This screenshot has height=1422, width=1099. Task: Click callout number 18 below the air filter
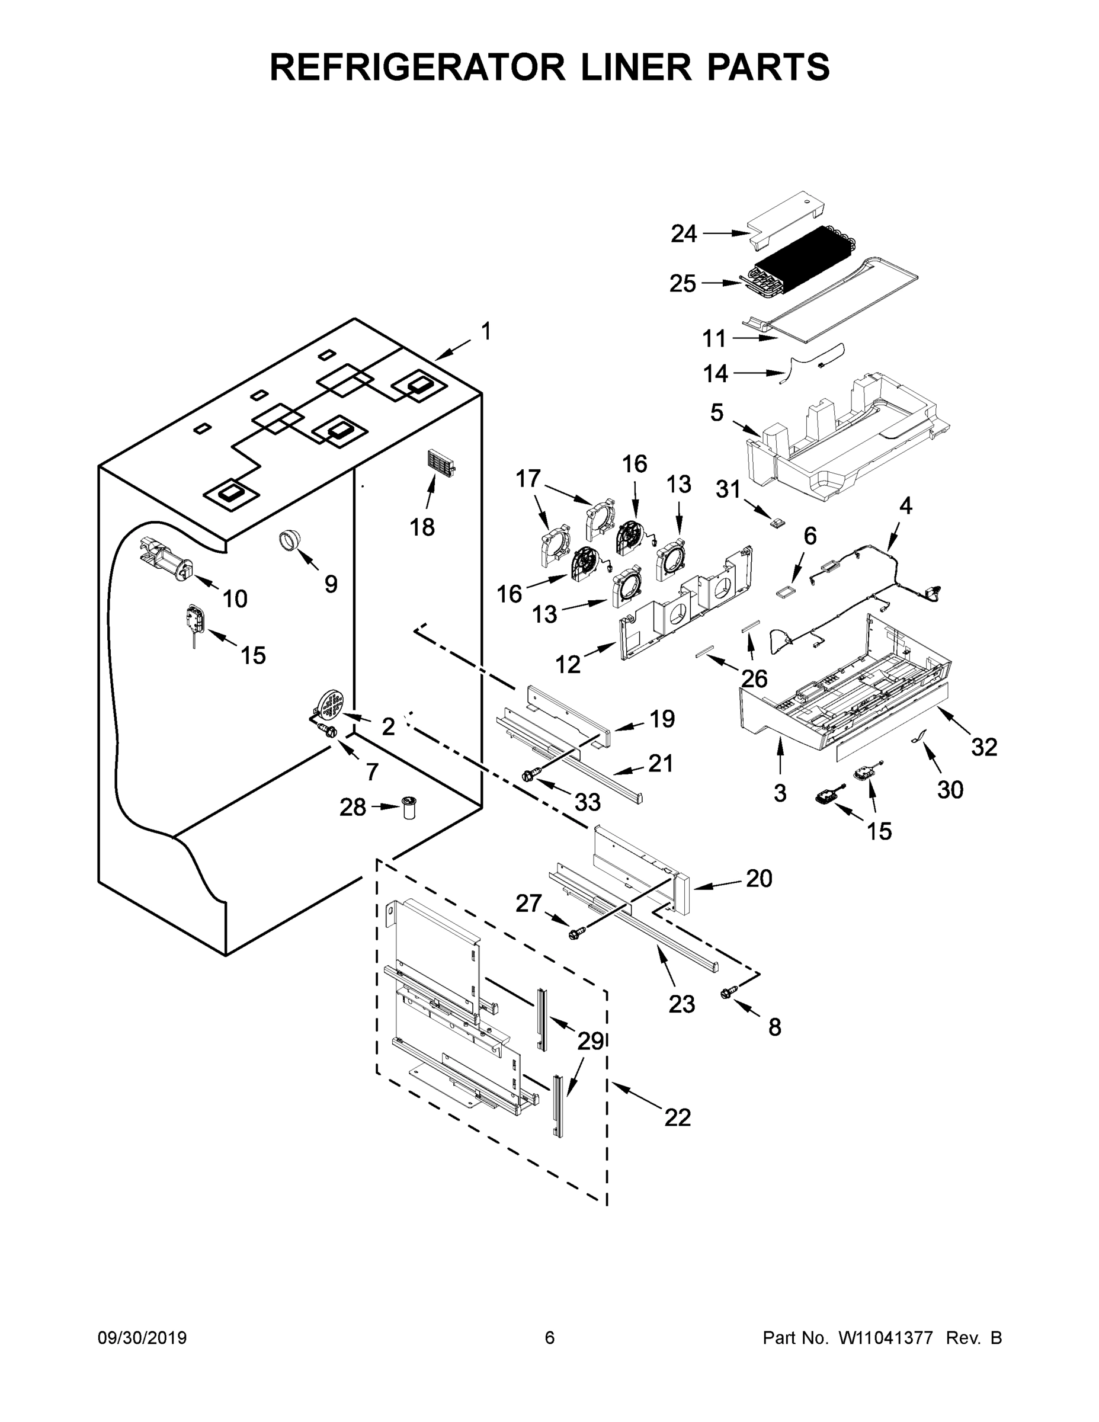422,527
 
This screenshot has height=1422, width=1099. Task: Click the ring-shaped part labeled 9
290,540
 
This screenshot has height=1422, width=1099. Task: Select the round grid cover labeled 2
331,704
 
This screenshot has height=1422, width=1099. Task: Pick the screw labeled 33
530,776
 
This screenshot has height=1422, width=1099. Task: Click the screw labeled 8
729,992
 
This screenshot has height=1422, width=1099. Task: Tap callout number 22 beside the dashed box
677,1117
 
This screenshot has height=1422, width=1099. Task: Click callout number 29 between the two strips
591,1041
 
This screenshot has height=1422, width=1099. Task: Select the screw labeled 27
575,933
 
